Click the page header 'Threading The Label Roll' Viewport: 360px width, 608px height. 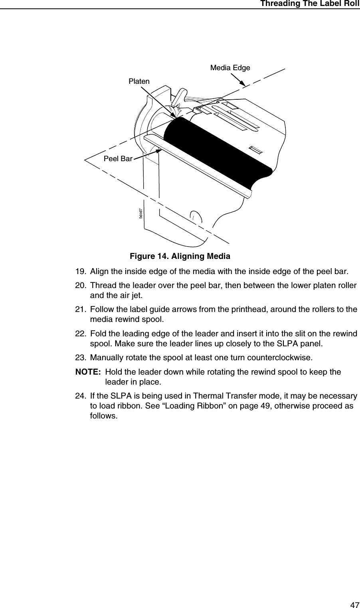pos(310,4)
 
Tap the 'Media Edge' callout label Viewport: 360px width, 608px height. pos(230,68)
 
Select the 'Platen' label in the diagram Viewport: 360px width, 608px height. pos(139,81)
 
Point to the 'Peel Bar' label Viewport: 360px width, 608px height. pos(118,159)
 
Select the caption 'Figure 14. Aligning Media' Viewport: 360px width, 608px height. pos(180,256)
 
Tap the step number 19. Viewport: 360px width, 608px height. pos(81,272)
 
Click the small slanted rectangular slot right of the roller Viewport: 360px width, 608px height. pos(255,150)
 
